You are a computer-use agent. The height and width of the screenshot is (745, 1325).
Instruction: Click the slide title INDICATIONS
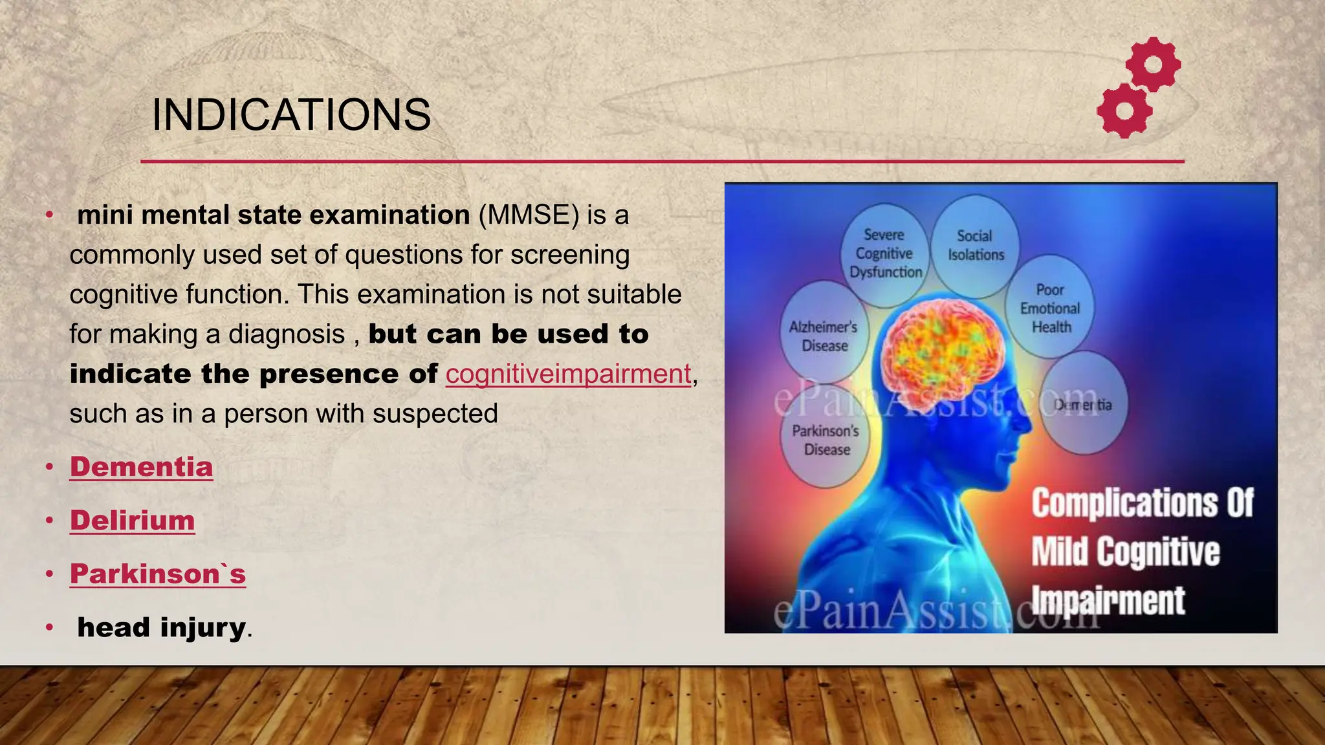coord(291,115)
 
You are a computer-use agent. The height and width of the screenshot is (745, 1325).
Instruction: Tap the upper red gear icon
coord(1153,64)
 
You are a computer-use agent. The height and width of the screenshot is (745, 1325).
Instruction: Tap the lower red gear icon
coord(1125,111)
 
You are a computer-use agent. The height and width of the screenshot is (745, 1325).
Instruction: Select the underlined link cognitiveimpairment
coord(568,374)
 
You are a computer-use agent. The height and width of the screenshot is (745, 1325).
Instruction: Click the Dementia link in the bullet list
coord(141,467)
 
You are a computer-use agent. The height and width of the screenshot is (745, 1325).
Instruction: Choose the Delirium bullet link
coord(132,521)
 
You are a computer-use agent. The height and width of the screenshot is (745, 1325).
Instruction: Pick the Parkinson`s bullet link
coord(158,574)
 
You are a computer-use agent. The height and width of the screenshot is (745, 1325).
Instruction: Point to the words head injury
coord(161,627)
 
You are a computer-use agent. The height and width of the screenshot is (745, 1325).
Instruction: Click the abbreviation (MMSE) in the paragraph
coord(529,215)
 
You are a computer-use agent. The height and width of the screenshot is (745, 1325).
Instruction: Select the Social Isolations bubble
coord(975,246)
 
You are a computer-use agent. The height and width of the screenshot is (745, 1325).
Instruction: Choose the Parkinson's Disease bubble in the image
coord(826,440)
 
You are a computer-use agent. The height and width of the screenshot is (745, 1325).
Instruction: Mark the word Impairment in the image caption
coord(1108,601)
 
